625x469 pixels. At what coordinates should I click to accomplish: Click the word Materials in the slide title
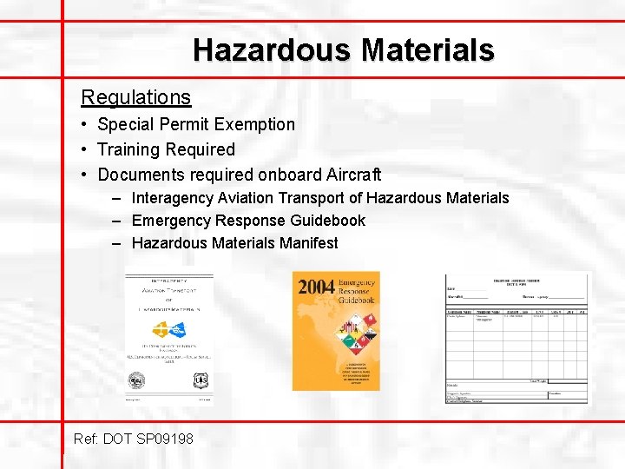point(428,50)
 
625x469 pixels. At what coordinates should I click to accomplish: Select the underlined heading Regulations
point(135,96)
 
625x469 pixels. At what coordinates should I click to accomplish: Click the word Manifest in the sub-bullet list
point(308,243)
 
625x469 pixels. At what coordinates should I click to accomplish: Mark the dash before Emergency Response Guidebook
point(116,221)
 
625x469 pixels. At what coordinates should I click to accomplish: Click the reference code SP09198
point(164,439)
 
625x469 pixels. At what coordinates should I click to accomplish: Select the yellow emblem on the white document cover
point(161,330)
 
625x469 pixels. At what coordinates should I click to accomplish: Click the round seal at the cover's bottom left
point(137,380)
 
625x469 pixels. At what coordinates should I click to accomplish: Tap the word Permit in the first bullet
point(182,124)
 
